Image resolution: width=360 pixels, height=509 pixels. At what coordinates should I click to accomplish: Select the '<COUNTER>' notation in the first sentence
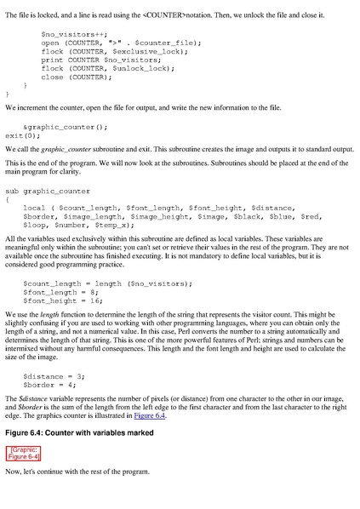click(162, 14)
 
